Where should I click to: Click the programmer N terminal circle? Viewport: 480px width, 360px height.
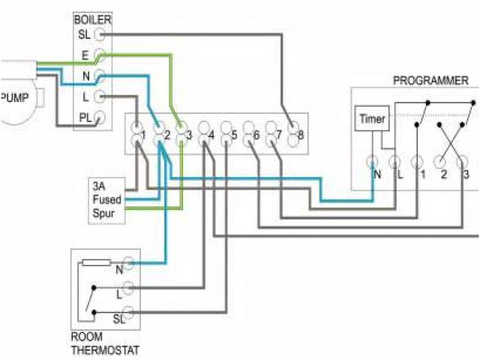373,160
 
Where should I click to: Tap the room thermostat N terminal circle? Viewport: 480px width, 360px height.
128,262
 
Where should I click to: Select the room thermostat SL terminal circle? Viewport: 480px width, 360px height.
128,313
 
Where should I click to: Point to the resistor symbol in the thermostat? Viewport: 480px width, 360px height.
95,263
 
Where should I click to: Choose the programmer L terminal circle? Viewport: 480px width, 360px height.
395,160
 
